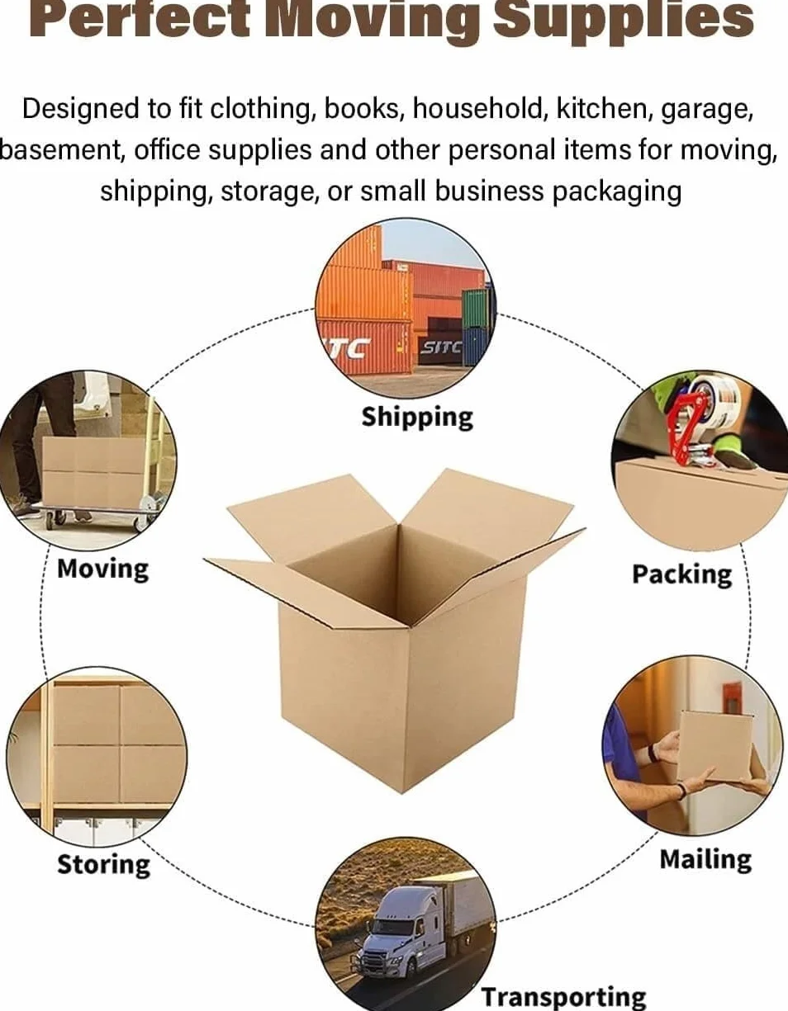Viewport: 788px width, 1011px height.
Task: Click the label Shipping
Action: coord(417,418)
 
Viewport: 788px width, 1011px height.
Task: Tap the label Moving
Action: coord(103,569)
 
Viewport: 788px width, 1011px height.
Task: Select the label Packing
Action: coord(682,575)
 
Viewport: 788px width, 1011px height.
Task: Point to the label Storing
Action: coord(104,865)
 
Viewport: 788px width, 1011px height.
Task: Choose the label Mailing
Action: coord(705,859)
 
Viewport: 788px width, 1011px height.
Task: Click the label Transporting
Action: coord(563,996)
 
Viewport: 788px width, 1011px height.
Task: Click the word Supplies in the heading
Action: coord(624,19)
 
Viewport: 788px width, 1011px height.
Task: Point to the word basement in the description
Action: coord(61,150)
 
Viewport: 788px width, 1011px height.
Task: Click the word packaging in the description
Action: coord(617,191)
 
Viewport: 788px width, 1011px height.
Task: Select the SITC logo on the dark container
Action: coord(441,347)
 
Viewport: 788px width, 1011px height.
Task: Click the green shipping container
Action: coord(475,308)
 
